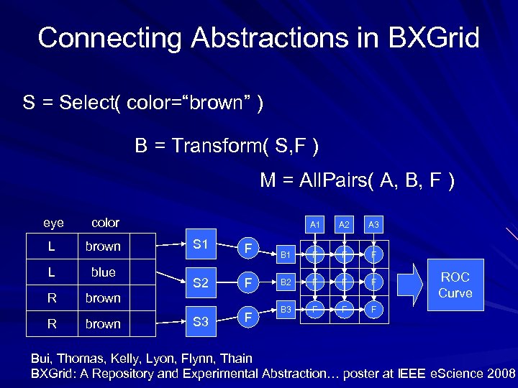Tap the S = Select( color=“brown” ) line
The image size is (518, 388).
142,103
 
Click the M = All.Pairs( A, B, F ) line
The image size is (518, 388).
357,181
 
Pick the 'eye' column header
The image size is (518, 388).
53,223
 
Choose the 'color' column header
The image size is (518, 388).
104,223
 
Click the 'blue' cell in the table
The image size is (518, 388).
104,272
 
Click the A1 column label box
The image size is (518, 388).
314,225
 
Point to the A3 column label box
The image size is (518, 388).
373,225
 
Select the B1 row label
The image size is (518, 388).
286,254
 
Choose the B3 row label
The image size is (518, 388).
286,309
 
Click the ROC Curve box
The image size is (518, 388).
455,285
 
